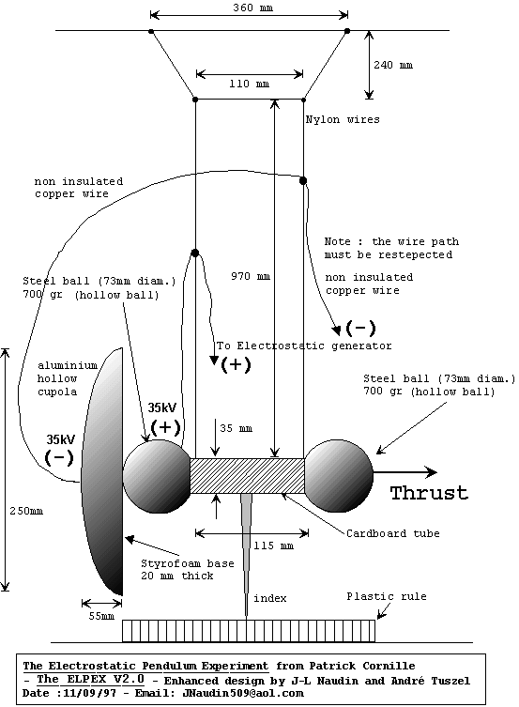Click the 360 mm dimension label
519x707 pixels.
(x=252, y=8)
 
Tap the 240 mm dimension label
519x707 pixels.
(x=393, y=65)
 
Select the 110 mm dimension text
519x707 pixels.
(x=249, y=84)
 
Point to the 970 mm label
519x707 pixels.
(x=251, y=276)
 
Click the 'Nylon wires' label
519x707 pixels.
(x=343, y=119)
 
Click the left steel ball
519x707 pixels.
(x=158, y=476)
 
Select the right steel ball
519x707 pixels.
(x=339, y=476)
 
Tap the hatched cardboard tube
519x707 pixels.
(x=248, y=476)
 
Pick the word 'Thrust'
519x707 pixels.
(x=429, y=493)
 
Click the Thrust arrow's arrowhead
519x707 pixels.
(x=431, y=472)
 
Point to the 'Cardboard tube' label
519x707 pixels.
(x=393, y=533)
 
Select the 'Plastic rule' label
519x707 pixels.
(x=387, y=596)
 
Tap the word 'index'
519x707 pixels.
(x=270, y=598)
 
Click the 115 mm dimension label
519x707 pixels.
(x=273, y=546)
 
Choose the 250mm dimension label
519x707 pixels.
(x=26, y=511)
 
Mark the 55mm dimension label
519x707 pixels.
(x=101, y=616)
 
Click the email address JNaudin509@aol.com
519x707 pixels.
(x=243, y=693)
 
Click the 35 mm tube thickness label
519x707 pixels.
(x=237, y=428)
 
